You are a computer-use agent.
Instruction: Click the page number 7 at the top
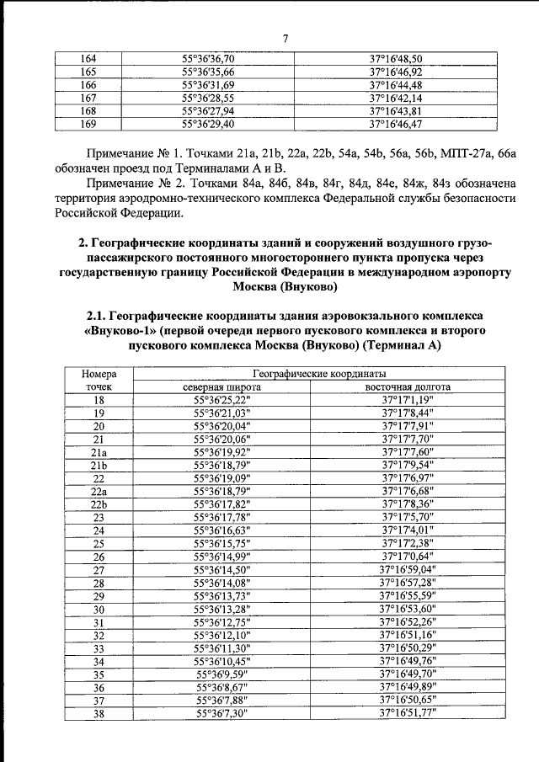click(286, 39)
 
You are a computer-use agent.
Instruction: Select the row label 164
click(88, 58)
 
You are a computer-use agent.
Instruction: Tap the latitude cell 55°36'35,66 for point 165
click(214, 72)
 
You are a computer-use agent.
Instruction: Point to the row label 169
click(88, 124)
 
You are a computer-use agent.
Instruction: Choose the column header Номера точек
click(99, 380)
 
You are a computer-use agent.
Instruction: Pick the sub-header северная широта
click(222, 387)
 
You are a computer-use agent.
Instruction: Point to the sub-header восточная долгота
click(408, 387)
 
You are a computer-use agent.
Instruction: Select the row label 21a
click(99, 451)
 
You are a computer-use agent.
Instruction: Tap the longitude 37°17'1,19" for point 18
click(408, 400)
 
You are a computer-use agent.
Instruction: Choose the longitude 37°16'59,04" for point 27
click(408, 569)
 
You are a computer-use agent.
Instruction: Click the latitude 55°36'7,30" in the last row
click(222, 712)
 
